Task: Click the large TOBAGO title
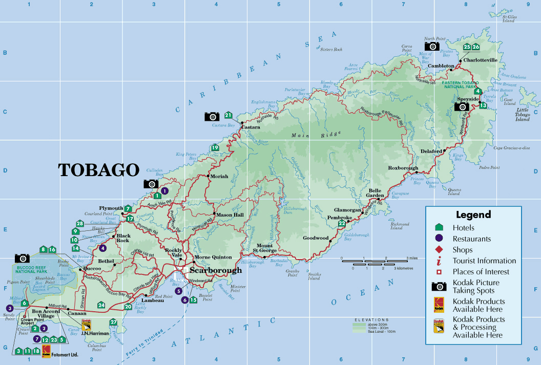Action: [99, 170]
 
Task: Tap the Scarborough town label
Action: [215, 270]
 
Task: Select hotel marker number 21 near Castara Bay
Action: [228, 115]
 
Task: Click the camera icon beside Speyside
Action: [462, 106]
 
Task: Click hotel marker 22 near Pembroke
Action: [342, 223]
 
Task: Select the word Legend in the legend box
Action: [473, 214]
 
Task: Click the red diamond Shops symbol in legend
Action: [439, 250]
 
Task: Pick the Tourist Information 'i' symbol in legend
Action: [439, 261]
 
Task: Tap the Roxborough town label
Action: [403, 168]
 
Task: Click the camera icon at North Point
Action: [432, 46]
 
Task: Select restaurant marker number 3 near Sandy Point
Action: [9, 308]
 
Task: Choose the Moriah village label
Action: [219, 176]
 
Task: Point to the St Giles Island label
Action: [508, 18]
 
